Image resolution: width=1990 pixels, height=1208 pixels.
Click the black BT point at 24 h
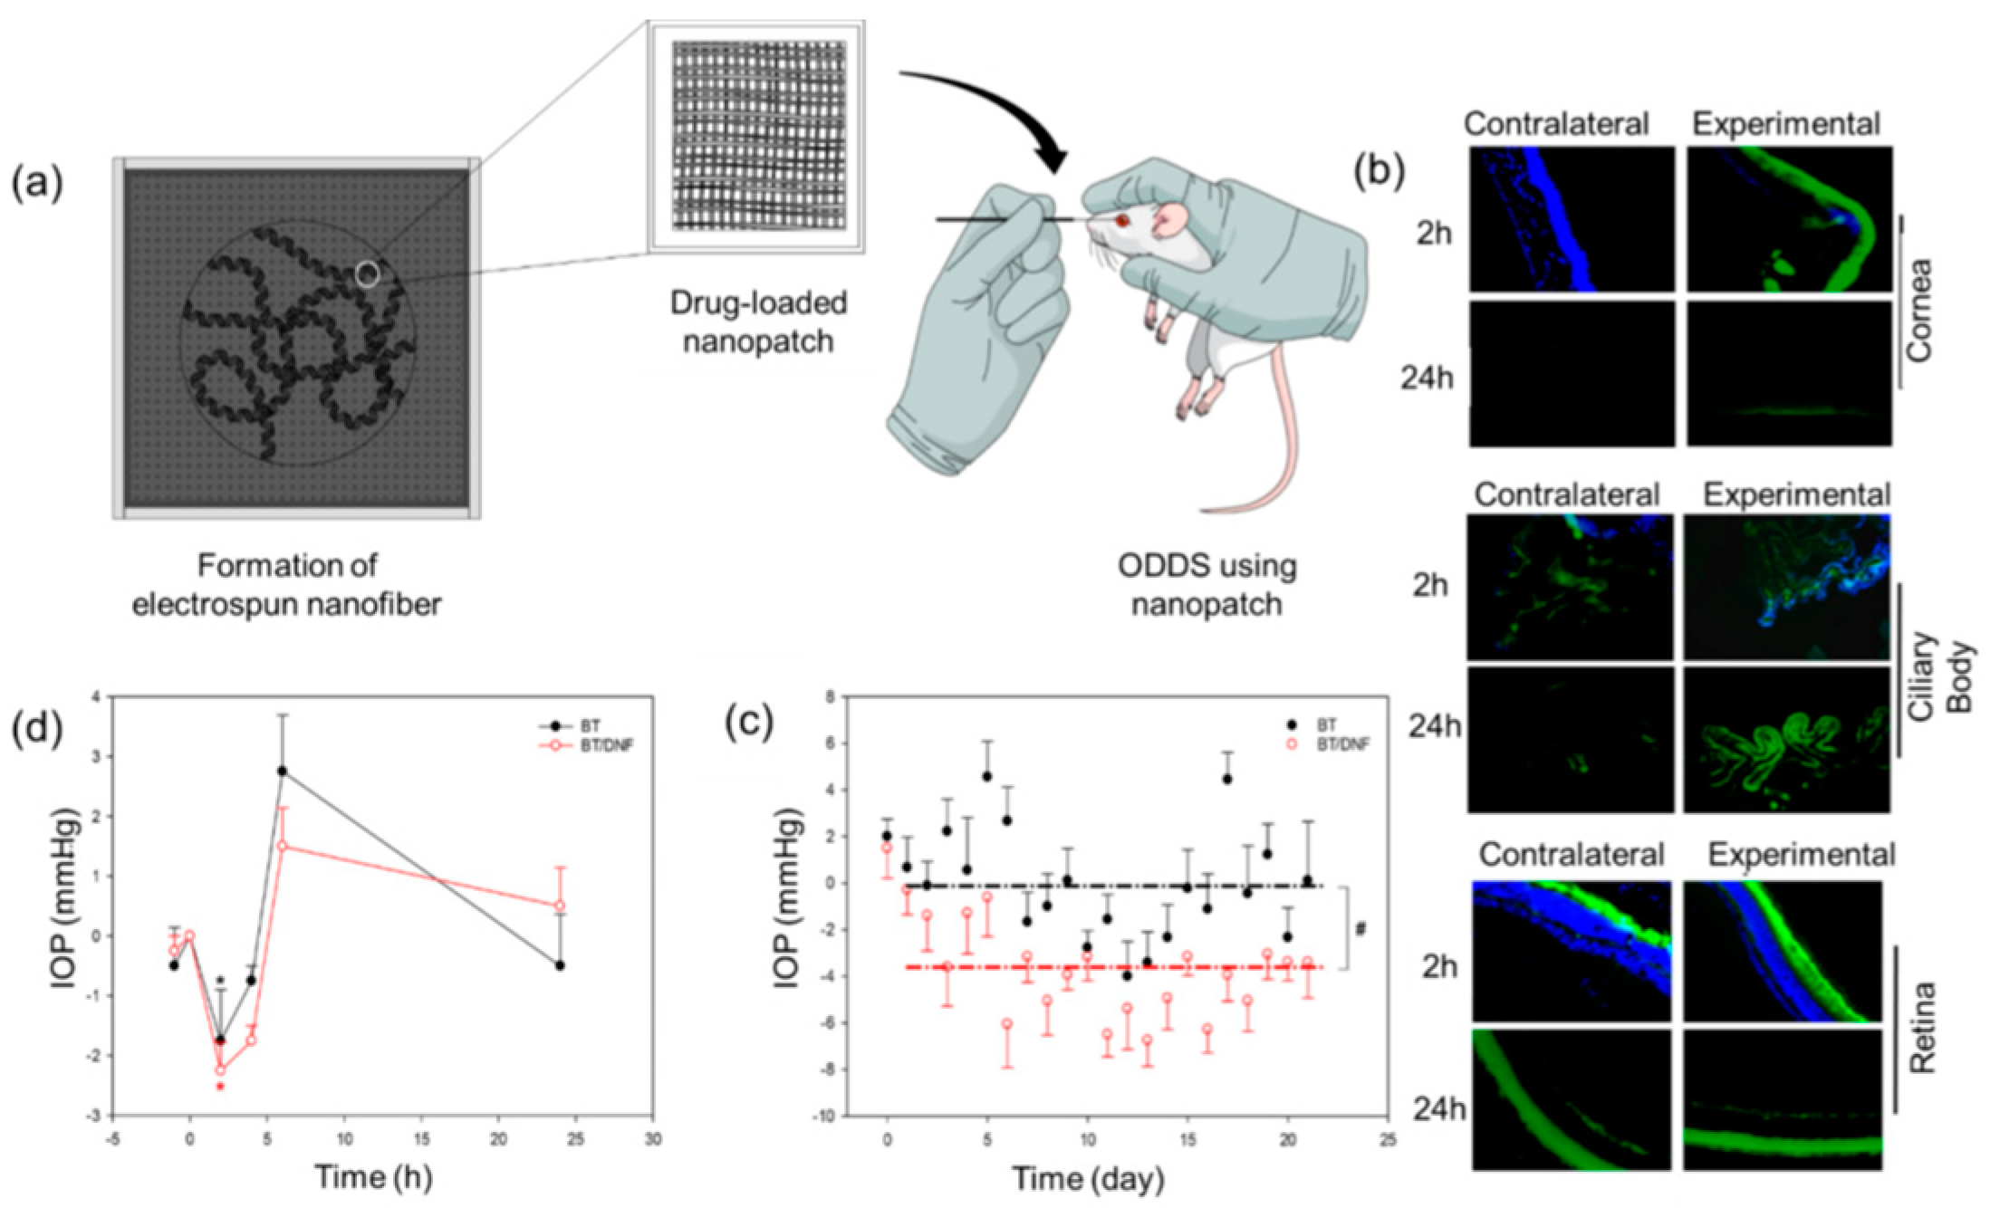tap(560, 965)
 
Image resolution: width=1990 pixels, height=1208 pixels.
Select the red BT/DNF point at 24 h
tap(560, 906)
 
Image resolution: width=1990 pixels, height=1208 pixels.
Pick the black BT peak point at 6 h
tap(283, 772)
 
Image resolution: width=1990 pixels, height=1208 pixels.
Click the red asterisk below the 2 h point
tap(220, 1086)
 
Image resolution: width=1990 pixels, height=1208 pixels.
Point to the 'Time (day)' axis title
tap(1088, 1179)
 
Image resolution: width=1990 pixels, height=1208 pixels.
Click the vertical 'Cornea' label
tap(1918, 312)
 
